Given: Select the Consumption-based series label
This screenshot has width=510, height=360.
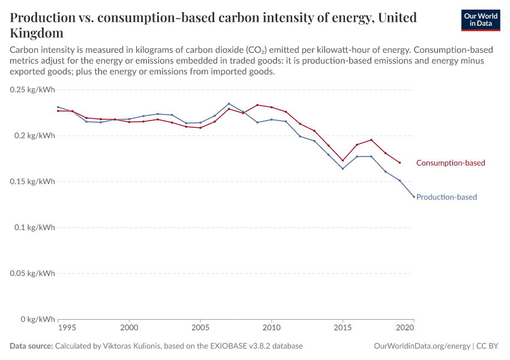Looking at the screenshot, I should [x=450, y=163].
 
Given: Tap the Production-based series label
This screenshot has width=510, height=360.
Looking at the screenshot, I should [x=446, y=197].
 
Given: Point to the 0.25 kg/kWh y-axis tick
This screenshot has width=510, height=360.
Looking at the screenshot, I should [x=33, y=89].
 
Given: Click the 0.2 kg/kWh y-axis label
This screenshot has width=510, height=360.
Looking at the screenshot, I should [x=35, y=136].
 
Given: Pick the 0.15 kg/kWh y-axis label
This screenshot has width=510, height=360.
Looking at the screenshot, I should [x=33, y=181].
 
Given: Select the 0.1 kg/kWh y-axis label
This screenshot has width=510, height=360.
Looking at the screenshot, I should [x=35, y=227].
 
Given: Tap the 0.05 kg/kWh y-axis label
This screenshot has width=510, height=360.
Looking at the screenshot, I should [x=33, y=273].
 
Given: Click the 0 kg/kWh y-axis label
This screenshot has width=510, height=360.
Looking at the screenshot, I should [x=38, y=319].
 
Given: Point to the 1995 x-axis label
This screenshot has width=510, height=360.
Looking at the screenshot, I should [x=67, y=329].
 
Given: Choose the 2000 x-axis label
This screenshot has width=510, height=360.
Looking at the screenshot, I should [x=129, y=329].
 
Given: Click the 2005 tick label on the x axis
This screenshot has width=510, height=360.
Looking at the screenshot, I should [x=200, y=329].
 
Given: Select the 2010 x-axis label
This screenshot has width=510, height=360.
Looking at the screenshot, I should [x=271, y=329].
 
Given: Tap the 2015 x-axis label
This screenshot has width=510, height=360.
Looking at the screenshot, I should [x=343, y=329].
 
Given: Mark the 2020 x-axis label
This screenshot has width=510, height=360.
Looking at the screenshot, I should [x=406, y=329].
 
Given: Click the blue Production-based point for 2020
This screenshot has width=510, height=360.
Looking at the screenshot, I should [x=414, y=197].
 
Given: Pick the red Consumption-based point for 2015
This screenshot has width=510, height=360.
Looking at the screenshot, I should [x=343, y=160].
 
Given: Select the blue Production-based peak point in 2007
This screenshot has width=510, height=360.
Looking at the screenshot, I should [x=229, y=104].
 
